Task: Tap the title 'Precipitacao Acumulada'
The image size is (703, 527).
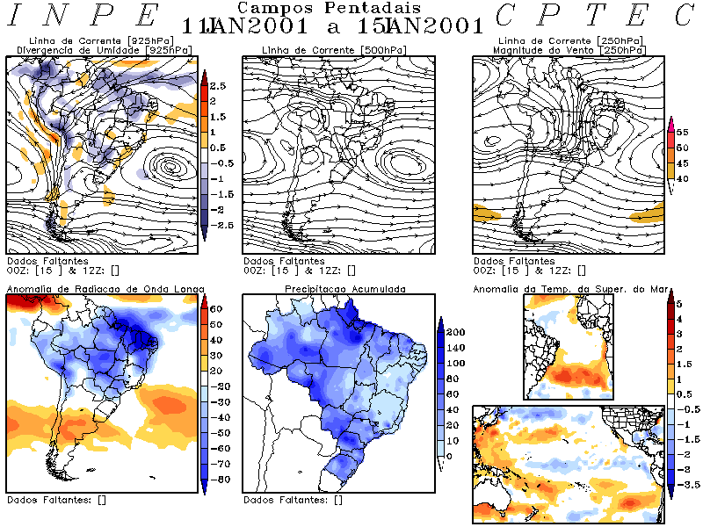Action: [x=344, y=288]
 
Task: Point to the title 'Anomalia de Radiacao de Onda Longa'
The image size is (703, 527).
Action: [x=105, y=288]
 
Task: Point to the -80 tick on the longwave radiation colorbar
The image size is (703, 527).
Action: [x=220, y=478]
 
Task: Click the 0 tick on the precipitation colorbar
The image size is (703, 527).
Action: [x=450, y=456]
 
